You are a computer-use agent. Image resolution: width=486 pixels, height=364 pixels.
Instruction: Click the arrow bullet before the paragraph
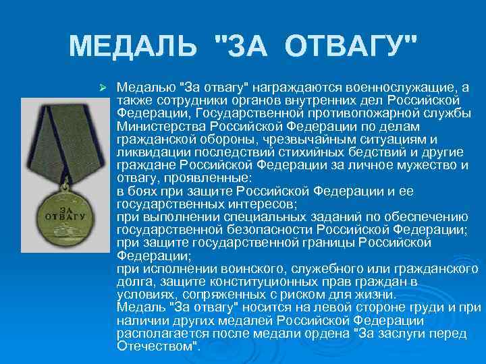click(x=103, y=88)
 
